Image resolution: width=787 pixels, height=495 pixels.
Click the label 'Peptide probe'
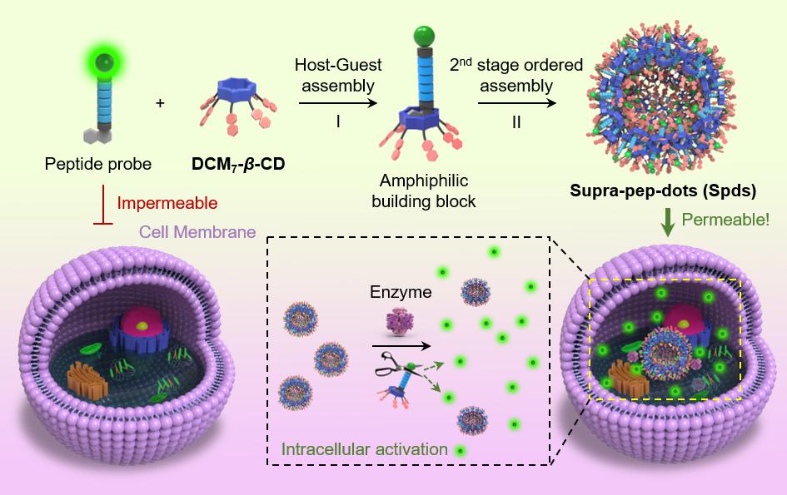tap(97, 164)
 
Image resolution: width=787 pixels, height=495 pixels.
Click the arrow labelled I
tap(334, 102)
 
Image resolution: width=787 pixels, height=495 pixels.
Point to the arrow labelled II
tap(516, 102)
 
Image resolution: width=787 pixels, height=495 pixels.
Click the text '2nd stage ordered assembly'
tap(512, 74)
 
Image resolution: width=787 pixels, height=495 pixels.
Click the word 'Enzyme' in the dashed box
tap(402, 294)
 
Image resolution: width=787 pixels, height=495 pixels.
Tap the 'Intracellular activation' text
tap(364, 450)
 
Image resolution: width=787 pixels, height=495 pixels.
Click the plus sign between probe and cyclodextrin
tap(160, 103)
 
